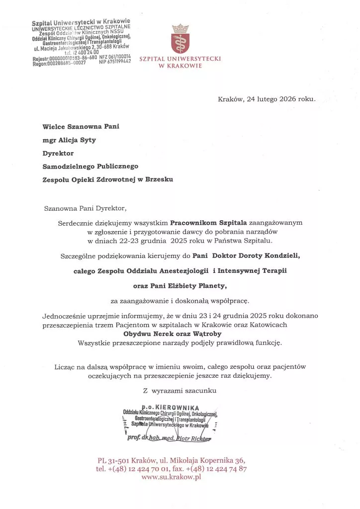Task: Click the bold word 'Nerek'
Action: point(159,334)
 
